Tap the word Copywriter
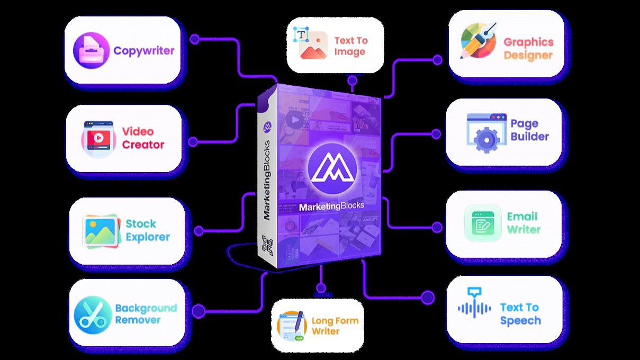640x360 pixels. [144, 51]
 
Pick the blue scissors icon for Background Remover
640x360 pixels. [93, 314]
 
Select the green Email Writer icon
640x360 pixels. [483, 223]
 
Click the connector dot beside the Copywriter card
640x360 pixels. [195, 39]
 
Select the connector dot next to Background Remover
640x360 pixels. [198, 310]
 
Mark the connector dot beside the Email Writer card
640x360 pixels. [437, 227]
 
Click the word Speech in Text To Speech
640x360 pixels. [520, 321]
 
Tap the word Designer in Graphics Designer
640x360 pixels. [528, 56]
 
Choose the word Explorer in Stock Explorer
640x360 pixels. [148, 237]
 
